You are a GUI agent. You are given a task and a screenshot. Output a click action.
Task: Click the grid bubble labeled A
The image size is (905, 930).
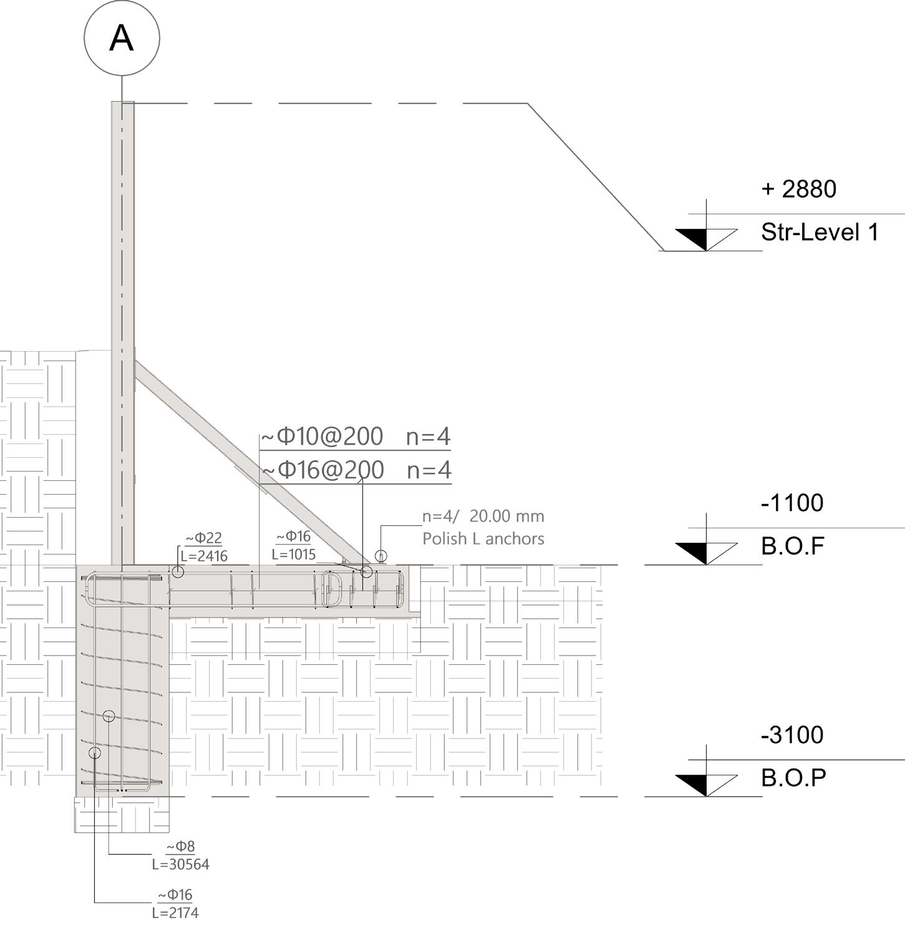(x=122, y=38)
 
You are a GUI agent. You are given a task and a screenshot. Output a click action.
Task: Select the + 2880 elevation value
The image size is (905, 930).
(x=798, y=189)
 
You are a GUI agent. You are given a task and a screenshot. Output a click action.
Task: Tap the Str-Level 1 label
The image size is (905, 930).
(x=820, y=232)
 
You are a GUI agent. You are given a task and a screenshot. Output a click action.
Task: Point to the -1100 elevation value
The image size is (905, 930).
(x=792, y=503)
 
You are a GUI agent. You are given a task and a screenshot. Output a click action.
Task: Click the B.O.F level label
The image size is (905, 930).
(x=793, y=546)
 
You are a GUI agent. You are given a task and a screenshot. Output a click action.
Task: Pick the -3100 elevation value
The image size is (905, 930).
(x=792, y=735)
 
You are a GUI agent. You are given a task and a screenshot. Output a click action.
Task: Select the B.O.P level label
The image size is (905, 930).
(x=793, y=778)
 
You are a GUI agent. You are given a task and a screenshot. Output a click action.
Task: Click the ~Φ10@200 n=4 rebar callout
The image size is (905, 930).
(x=355, y=436)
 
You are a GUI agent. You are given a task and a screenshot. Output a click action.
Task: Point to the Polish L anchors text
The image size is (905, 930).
(x=483, y=538)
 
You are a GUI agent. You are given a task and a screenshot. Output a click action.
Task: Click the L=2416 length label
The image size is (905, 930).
(x=204, y=556)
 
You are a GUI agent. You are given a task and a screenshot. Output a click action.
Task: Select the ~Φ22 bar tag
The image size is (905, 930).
(x=204, y=538)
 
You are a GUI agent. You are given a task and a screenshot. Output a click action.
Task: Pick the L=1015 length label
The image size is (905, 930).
(x=294, y=554)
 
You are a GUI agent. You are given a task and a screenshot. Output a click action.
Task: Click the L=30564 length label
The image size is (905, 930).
(x=181, y=865)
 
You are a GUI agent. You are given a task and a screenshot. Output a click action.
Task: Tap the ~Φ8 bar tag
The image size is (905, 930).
(x=181, y=846)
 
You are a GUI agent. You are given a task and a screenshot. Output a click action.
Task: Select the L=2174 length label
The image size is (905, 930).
(x=175, y=913)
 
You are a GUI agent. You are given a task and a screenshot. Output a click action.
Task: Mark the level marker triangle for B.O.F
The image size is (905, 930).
(x=706, y=552)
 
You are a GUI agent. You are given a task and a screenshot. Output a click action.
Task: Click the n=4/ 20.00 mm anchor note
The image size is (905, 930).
(x=483, y=516)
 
